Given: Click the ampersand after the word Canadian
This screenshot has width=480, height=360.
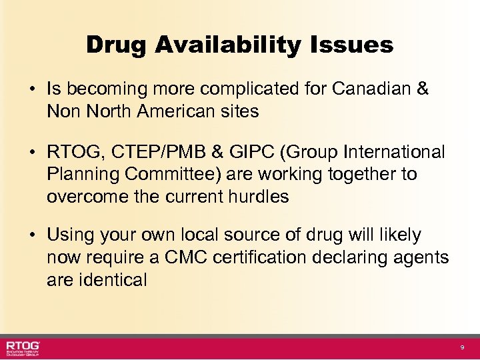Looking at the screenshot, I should tap(421, 89).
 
